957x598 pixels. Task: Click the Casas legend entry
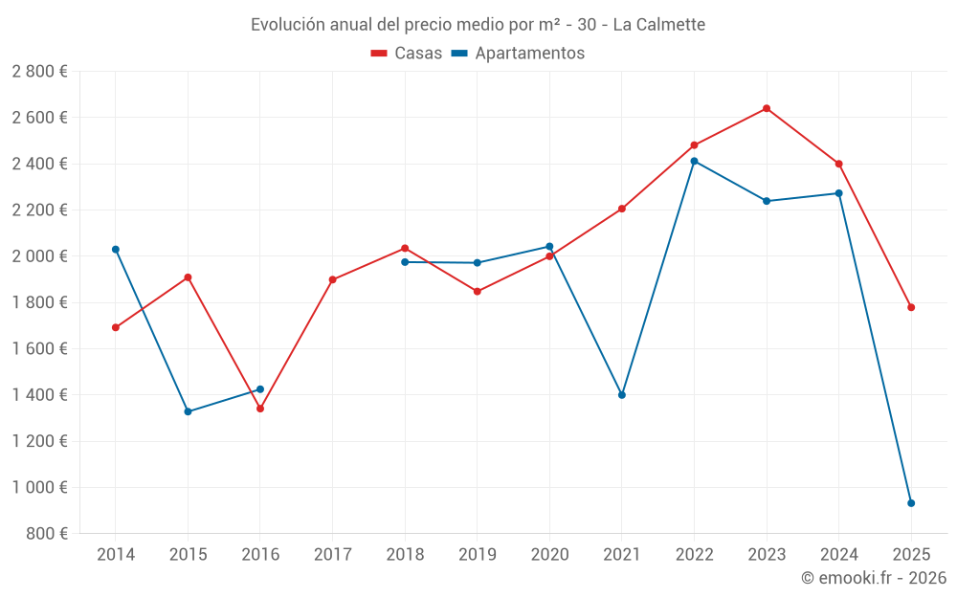pos(407,54)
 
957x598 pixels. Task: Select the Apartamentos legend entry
pos(518,54)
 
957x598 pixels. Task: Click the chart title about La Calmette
pos(478,24)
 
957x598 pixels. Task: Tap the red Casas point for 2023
pos(767,108)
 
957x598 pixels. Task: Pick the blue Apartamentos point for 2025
pos(911,503)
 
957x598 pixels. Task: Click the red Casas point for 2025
pos(911,307)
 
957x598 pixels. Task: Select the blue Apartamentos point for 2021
pos(622,395)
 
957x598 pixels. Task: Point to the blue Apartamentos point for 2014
pos(116,250)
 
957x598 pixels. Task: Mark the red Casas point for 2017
pos(333,279)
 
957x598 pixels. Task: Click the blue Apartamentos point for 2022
pos(694,161)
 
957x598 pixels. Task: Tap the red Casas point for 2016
pos(260,409)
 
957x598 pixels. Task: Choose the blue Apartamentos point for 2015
pos(188,411)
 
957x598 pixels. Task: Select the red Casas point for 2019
pos(478,292)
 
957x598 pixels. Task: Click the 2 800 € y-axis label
pos(39,72)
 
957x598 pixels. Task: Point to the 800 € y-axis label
pos(47,534)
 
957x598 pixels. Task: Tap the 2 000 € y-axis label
pos(39,256)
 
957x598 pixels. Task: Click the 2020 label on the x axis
pos(549,555)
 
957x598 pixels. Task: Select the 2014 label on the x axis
pos(116,555)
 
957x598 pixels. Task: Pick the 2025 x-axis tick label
pos(911,555)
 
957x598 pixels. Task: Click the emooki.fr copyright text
pos(873,578)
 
